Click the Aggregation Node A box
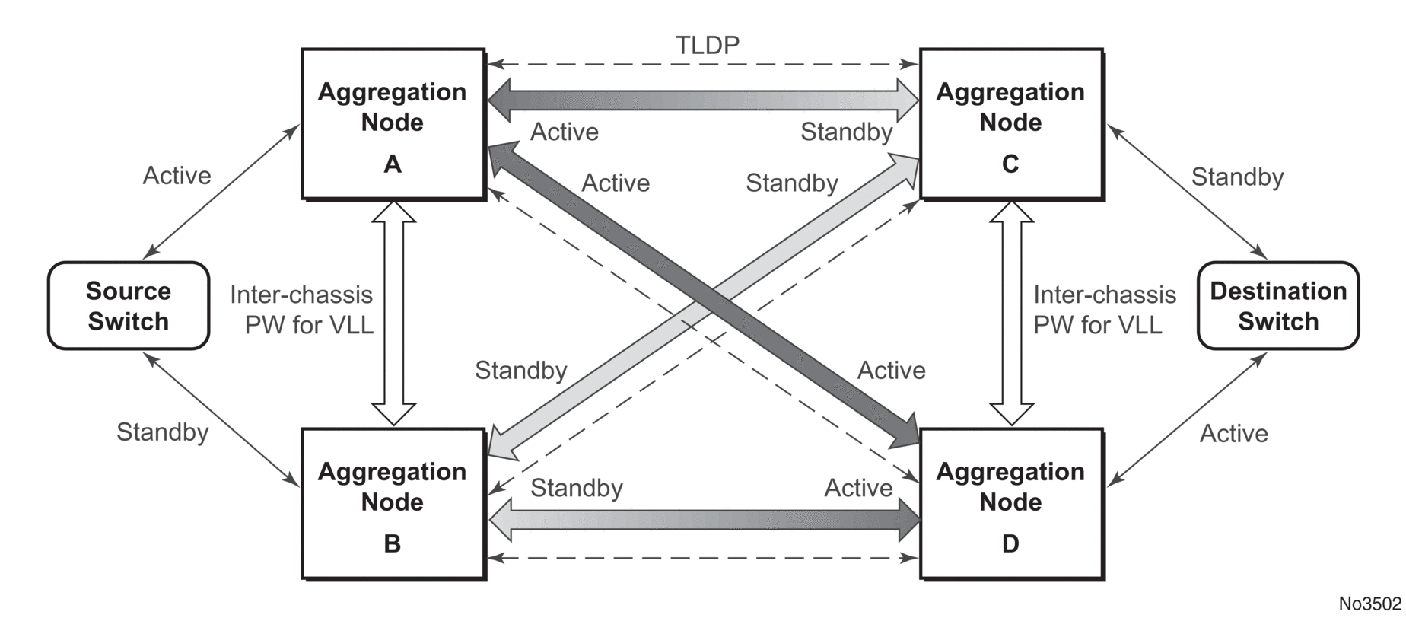click(x=393, y=124)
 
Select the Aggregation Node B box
click(x=393, y=504)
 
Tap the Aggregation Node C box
click(x=1011, y=124)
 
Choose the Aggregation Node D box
click(x=1011, y=504)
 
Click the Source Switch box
click(x=129, y=306)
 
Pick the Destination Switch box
click(x=1278, y=306)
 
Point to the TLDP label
click(x=708, y=46)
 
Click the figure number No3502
click(x=1369, y=604)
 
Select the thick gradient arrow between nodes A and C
click(x=703, y=99)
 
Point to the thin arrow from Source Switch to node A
click(x=221, y=192)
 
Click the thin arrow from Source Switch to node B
click(x=221, y=419)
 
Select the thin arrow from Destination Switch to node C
click(x=1187, y=192)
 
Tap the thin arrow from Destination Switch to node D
click(x=1187, y=419)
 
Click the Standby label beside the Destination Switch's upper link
click(x=1237, y=177)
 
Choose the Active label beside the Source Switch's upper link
click(x=177, y=176)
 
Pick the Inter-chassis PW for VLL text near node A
click(x=301, y=310)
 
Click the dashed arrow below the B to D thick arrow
click(x=703, y=559)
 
